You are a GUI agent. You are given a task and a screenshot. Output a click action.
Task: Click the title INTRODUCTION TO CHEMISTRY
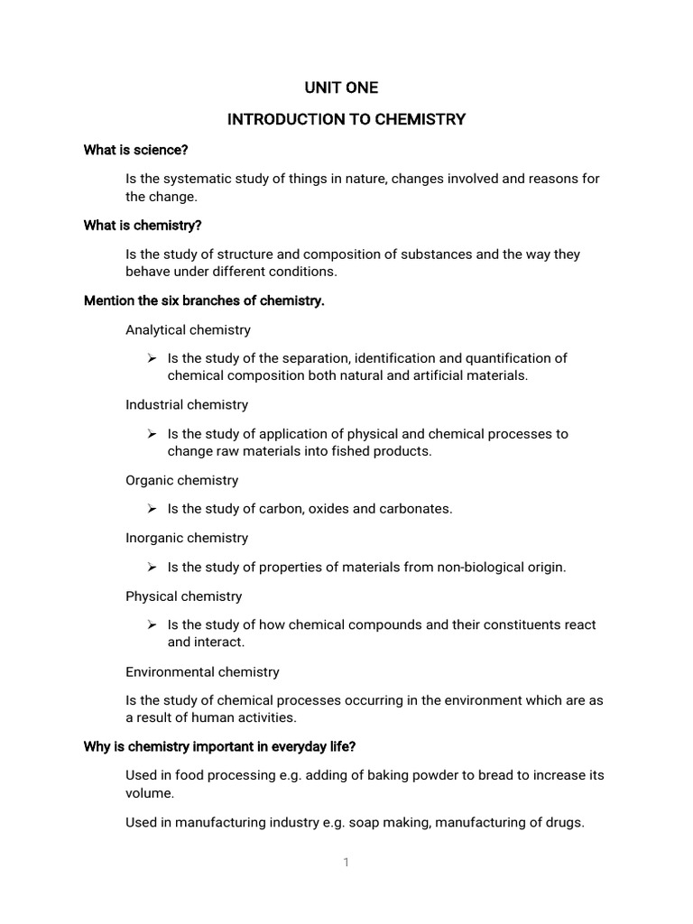(x=346, y=119)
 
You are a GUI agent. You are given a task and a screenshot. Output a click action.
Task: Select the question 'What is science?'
(x=135, y=150)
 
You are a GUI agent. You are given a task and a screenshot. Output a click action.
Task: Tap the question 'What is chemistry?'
(x=143, y=226)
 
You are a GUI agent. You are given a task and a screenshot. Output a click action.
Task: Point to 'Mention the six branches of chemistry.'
(x=203, y=300)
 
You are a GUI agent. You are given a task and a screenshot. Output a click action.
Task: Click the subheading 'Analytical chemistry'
(x=188, y=330)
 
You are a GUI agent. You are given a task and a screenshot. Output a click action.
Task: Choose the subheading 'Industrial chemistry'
(x=187, y=405)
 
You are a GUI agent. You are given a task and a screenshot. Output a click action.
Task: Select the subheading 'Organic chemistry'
(x=181, y=480)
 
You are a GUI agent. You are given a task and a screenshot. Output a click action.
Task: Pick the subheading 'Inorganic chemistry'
(x=187, y=538)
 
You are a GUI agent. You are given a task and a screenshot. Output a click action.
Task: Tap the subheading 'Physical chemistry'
(x=184, y=596)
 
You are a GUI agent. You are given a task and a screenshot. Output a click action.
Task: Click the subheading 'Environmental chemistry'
(x=202, y=671)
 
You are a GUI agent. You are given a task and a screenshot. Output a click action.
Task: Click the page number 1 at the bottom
(x=346, y=863)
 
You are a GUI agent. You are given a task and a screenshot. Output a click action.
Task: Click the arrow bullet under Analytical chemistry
(x=152, y=359)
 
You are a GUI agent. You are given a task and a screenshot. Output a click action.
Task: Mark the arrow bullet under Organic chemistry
(x=152, y=509)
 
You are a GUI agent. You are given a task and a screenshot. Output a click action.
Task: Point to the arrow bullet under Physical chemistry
(x=152, y=624)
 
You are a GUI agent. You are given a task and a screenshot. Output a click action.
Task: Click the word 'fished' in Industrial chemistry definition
(x=340, y=451)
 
